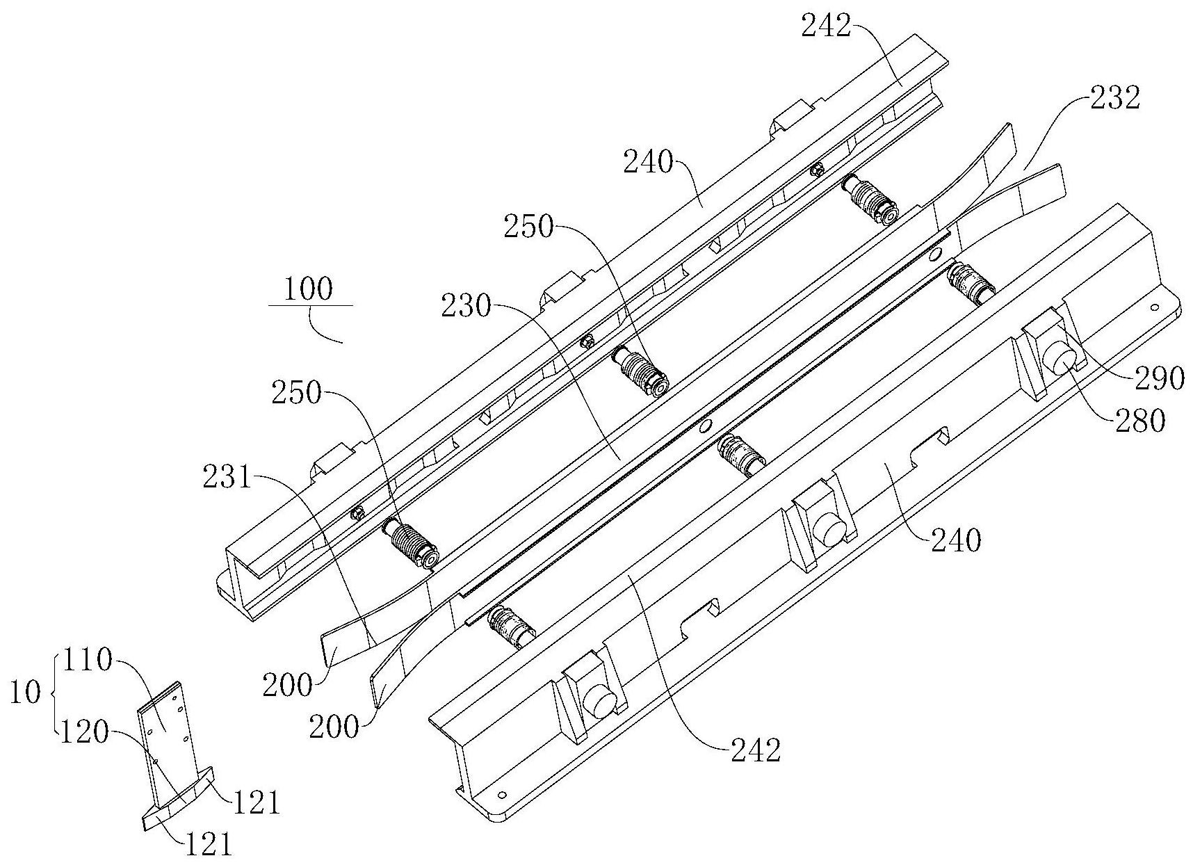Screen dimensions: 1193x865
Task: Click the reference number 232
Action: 1114,99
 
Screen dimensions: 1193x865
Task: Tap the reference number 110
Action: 88,660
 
